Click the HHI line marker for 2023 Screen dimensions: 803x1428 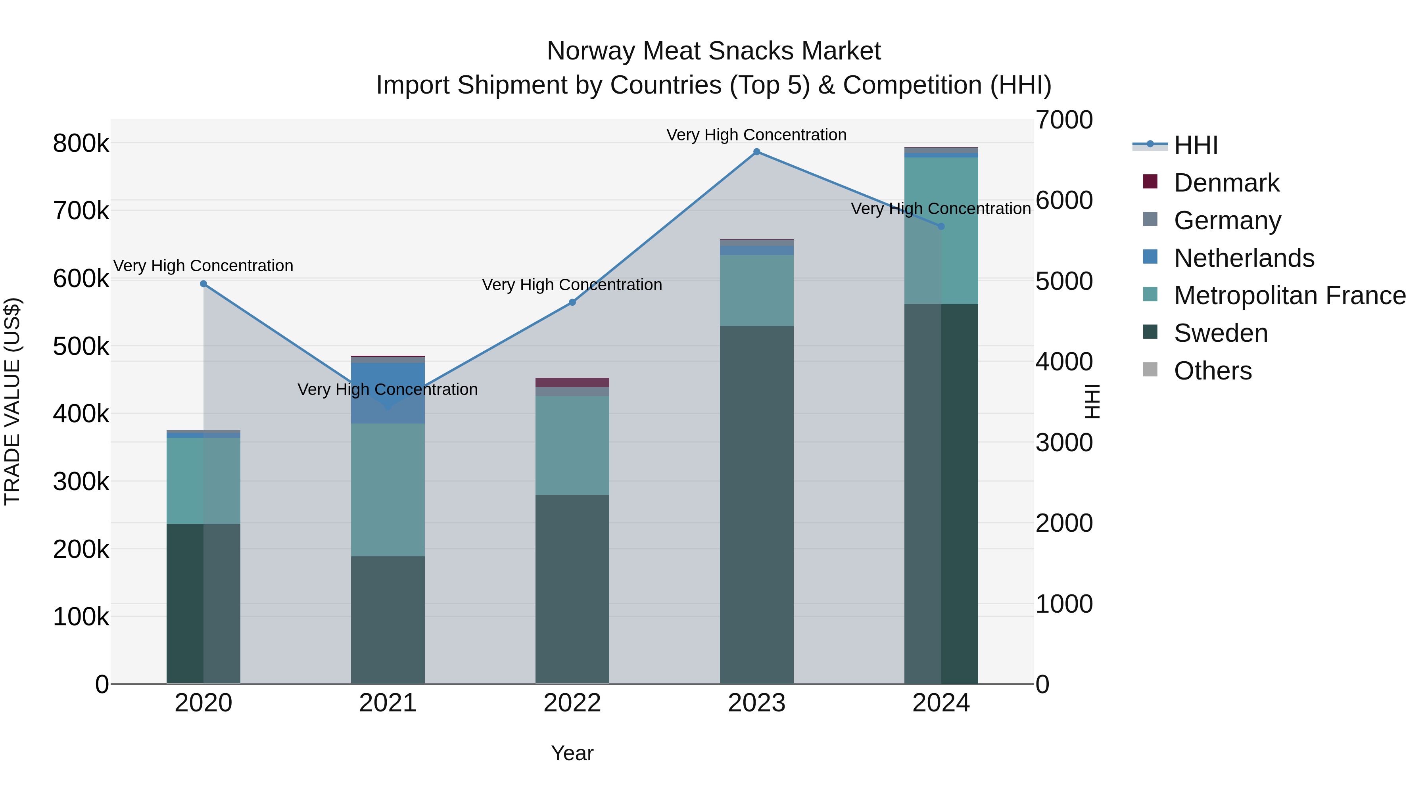(757, 152)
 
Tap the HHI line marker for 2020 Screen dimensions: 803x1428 (203, 284)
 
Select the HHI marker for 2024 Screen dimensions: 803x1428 (941, 227)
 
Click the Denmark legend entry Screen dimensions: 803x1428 (1226, 183)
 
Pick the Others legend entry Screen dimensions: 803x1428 (1212, 371)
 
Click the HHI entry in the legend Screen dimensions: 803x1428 (1196, 145)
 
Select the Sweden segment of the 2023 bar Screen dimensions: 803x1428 (757, 504)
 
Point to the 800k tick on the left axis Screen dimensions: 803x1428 (81, 144)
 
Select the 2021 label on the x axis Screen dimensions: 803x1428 (388, 703)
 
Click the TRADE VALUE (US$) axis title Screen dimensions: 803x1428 (13, 402)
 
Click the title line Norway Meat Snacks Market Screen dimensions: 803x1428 (714, 51)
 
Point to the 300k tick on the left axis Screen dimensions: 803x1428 (81, 481)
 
